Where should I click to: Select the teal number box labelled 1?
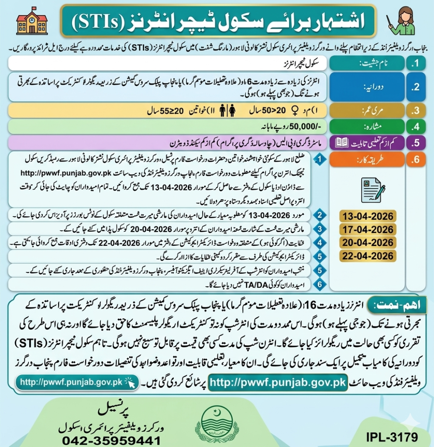(x=415, y=63)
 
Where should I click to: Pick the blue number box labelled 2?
(x=415, y=86)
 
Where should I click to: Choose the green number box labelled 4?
(x=415, y=127)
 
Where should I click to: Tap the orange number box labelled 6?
(x=415, y=160)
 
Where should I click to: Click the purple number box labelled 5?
(x=415, y=142)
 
